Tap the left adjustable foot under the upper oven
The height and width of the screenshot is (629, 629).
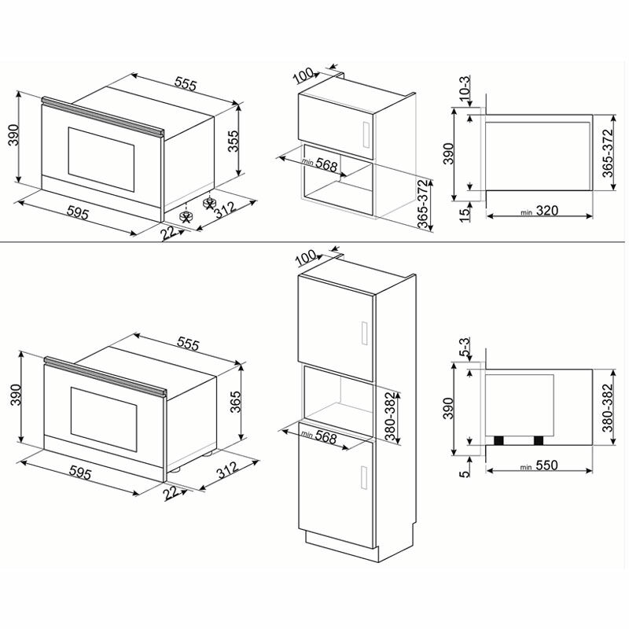point(186,215)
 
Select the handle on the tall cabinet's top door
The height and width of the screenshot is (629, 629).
point(363,333)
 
